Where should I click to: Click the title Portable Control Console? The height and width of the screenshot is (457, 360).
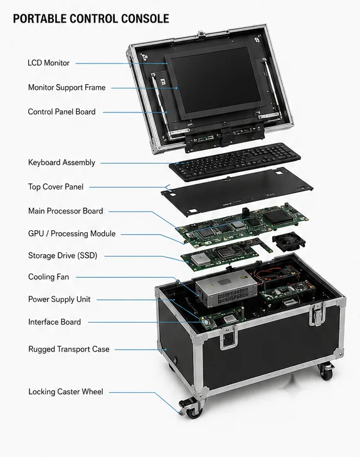pos(91,19)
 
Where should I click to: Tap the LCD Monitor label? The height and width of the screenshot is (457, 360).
pos(49,63)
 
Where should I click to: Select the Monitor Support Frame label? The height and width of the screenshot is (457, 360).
pos(66,87)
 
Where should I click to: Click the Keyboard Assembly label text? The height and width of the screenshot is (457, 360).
pos(61,163)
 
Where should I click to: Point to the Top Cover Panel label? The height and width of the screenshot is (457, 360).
pos(56,187)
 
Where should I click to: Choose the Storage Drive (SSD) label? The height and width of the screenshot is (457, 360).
pos(63,255)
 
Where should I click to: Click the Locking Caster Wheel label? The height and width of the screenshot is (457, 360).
pos(65,392)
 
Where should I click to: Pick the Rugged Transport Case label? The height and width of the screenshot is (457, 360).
pos(69,349)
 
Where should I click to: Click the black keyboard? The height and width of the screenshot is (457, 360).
pos(235,162)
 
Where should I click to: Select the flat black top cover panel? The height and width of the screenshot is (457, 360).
pos(237,192)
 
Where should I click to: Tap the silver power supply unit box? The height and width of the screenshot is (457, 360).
pos(226,288)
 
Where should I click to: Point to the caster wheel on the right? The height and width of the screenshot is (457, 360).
pos(327,372)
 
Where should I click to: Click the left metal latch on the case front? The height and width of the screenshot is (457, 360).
pos(228,338)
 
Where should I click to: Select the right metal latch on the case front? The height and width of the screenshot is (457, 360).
pos(317,314)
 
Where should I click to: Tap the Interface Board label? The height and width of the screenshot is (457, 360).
pos(55,322)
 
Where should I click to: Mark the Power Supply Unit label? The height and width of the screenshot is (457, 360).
pos(59,299)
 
